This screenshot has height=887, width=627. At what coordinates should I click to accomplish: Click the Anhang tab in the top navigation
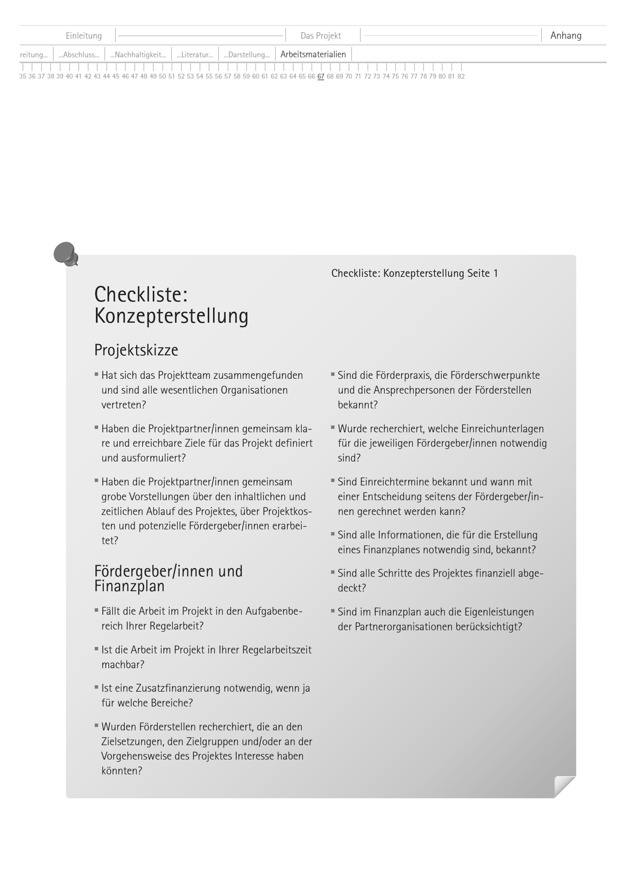coord(566,35)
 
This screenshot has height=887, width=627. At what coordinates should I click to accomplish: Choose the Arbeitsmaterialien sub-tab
coord(313,55)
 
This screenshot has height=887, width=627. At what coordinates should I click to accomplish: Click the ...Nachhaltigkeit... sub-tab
coord(138,55)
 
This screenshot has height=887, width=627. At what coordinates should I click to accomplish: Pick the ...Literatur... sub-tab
coord(195,55)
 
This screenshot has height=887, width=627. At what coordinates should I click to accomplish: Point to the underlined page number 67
coord(321,77)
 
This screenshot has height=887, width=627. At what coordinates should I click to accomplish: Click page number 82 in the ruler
coord(461,77)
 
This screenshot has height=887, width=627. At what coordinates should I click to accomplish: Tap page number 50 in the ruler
coord(162,77)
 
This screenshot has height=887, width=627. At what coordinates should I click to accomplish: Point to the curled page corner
coord(564,786)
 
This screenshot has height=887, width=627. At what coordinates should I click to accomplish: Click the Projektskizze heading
coord(136,350)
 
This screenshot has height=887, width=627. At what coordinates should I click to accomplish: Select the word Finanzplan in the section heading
coord(129,586)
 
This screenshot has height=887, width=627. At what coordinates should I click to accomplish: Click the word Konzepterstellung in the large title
coord(171,316)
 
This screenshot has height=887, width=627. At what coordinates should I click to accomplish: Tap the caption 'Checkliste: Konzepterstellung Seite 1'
coord(415,273)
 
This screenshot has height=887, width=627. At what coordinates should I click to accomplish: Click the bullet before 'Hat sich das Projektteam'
coord(97,374)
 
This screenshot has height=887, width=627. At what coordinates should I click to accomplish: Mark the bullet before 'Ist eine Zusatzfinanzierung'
coord(97,687)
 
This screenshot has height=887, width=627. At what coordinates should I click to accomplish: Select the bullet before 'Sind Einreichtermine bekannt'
coord(333,481)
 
